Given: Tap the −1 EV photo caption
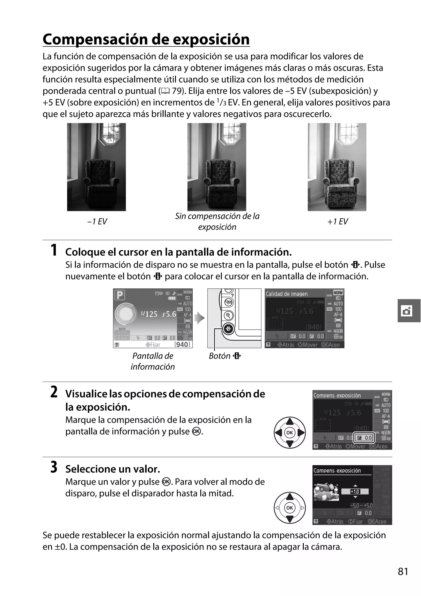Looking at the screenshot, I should point(97,221).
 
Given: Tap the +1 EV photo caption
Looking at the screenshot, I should point(337,221).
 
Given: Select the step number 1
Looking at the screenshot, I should point(54,250).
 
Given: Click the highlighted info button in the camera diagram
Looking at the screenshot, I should point(228,329).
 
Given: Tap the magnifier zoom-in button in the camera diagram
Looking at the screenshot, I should point(228,315).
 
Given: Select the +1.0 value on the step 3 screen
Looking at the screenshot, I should point(355,491).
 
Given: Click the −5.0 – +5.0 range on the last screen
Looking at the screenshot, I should point(361,506).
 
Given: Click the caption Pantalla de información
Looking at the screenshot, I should point(153,361).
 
